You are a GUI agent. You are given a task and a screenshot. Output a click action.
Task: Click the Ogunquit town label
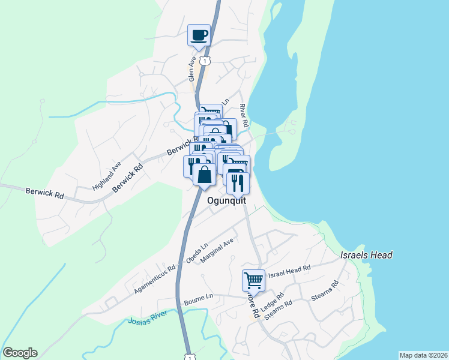tap(227, 202)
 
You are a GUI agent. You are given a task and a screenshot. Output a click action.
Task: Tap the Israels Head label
tap(366, 255)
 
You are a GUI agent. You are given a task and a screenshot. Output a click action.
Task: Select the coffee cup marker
tap(199, 35)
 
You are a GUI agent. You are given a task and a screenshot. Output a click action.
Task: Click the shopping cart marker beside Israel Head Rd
tap(253, 280)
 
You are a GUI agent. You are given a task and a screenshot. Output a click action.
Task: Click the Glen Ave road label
tap(192, 69)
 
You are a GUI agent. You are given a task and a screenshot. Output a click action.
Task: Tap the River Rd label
tap(243, 114)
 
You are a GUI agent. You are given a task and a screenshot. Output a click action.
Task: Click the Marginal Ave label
tap(217, 250)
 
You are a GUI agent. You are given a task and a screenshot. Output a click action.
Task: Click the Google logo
tap(20, 353)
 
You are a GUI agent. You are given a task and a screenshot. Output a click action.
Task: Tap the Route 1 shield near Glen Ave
tap(206, 61)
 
